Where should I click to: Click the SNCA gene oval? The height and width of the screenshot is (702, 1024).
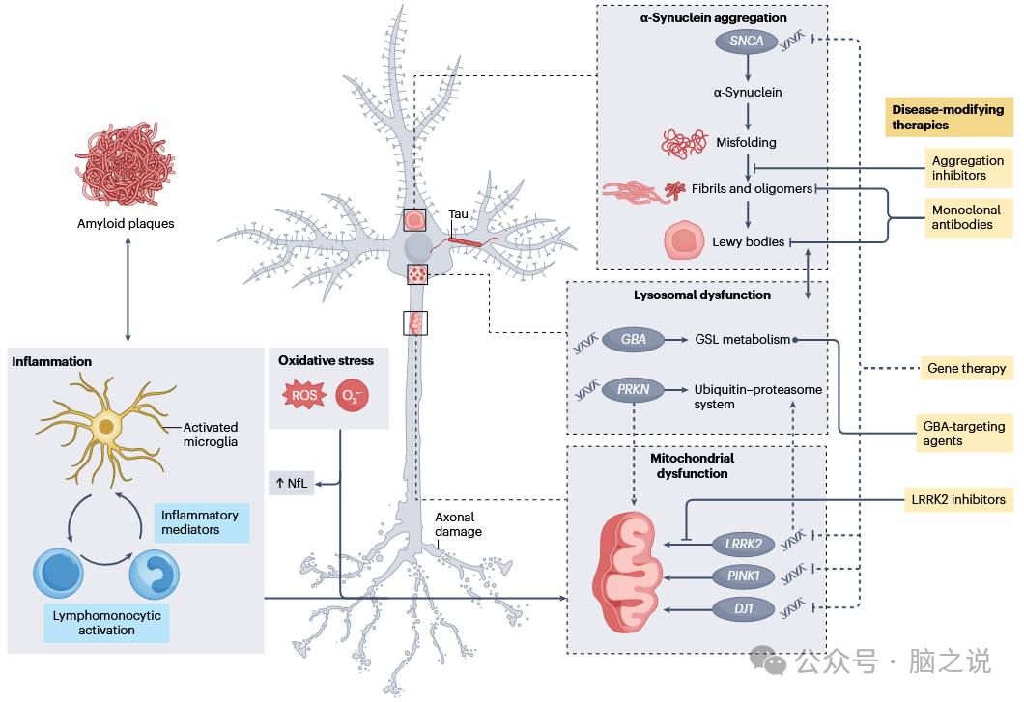(747, 42)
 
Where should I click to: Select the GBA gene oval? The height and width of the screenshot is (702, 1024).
(633, 340)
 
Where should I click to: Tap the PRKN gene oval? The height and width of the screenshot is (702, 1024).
(633, 391)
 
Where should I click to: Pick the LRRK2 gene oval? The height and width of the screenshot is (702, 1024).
(743, 545)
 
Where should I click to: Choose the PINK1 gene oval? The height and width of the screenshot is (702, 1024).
(743, 576)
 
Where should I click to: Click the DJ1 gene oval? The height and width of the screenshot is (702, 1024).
(743, 608)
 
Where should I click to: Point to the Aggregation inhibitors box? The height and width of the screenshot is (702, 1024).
(966, 168)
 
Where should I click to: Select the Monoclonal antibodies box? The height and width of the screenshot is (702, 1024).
(966, 217)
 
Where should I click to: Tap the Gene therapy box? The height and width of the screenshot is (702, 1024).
(966, 368)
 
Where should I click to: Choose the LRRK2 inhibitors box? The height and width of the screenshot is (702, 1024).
(957, 499)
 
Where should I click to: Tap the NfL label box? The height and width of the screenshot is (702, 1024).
(291, 483)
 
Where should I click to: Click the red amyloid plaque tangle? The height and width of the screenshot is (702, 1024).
(124, 163)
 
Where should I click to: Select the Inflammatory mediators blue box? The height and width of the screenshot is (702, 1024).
(200, 522)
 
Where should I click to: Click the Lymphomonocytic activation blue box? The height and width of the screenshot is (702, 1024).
(106, 623)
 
